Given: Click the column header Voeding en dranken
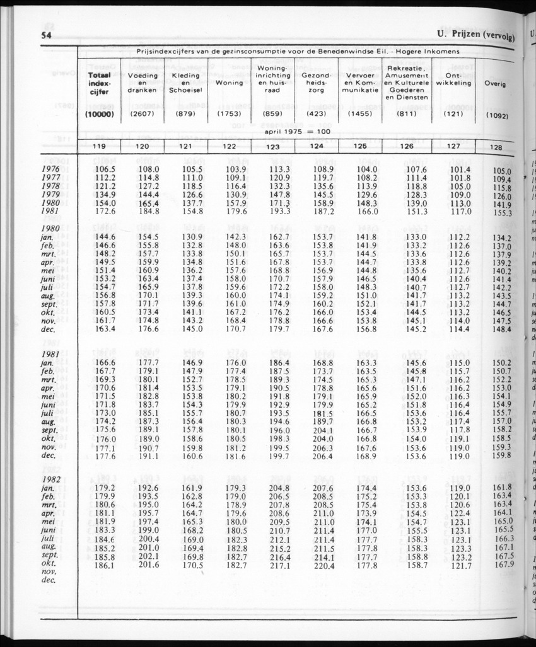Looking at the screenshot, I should pos(143,83).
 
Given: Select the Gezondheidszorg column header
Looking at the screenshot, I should pos(317,83).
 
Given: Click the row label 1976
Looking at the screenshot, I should pos(50,169).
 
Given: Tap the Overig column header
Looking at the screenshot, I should pos(495,83).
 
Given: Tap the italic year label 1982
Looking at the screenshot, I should pos(50,479).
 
